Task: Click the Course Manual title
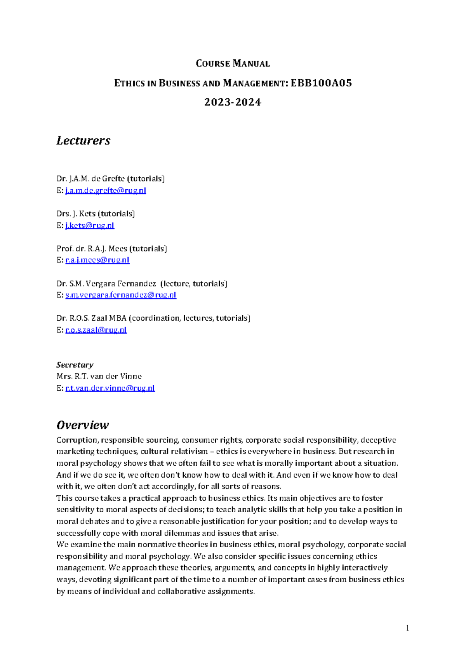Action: point(233,63)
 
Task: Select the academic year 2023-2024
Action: point(233,102)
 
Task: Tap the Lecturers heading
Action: point(83,140)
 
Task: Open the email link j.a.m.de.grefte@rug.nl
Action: point(106,190)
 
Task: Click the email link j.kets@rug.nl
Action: point(90,225)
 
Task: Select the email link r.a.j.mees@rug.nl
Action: point(97,260)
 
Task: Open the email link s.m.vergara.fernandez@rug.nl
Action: point(121,295)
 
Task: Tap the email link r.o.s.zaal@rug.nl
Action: point(96,330)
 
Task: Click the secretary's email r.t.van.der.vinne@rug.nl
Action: point(110,388)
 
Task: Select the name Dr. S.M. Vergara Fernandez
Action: point(106,283)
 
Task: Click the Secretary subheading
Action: point(75,365)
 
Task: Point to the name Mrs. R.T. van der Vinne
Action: point(99,376)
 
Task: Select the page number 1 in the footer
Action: point(407,628)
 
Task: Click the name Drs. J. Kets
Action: point(75,214)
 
